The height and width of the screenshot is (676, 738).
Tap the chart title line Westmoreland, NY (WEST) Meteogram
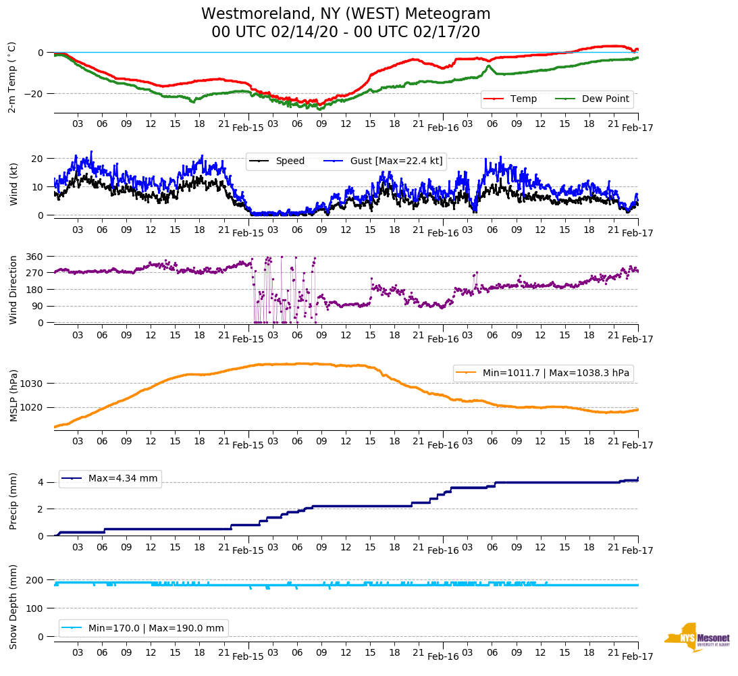[x=346, y=14]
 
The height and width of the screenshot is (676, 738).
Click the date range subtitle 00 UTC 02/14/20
[x=346, y=32]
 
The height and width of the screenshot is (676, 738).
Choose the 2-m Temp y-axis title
[x=11, y=76]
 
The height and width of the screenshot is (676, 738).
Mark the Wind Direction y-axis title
[x=13, y=289]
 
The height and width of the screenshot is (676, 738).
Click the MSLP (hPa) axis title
[x=13, y=396]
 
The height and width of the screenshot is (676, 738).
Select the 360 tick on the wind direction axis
[x=34, y=257]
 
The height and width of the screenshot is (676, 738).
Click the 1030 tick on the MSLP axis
[x=32, y=384]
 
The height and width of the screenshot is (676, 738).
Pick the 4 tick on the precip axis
[x=41, y=482]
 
